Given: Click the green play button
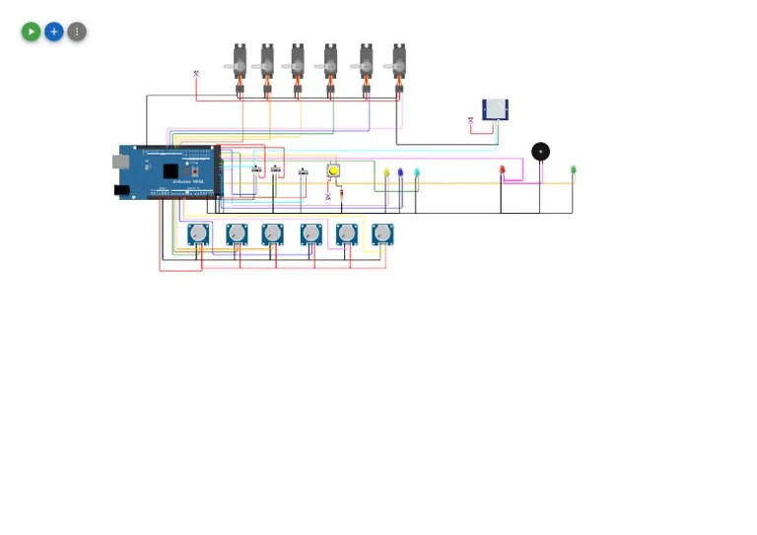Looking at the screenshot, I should [31, 32].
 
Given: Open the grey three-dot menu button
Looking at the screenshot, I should [77, 32].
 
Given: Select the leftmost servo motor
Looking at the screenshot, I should [240, 62].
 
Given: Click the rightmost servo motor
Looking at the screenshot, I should [399, 62].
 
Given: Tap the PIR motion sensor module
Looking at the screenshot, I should [495, 109].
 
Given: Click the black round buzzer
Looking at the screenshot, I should [540, 151].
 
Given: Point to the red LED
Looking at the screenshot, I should [503, 170].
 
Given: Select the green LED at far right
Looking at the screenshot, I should [573, 170].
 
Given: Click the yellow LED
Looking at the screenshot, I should [386, 173].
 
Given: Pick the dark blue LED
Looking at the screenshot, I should [400, 173].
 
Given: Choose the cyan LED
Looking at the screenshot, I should [417, 173].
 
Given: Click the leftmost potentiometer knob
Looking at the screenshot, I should [198, 234].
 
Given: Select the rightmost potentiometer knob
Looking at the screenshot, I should [382, 234].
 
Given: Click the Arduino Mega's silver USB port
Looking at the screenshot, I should [119, 162].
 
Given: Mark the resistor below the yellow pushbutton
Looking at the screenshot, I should [341, 193].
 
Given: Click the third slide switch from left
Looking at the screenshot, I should [304, 174].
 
